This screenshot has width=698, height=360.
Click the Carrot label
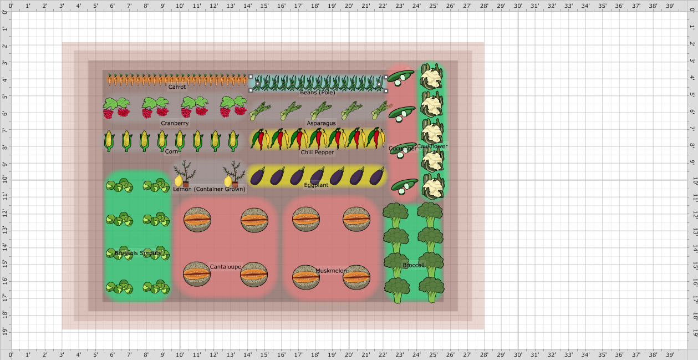coord(177,87)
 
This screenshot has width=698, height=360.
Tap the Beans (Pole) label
coord(318,93)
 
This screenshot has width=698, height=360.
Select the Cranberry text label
coord(175,124)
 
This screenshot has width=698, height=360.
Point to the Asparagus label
coord(321,124)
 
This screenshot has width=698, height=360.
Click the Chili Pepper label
coord(317,153)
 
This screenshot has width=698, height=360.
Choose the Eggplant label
coord(316,185)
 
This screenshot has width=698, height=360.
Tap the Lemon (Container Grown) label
coord(209,189)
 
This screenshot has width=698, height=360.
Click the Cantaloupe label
coord(226,267)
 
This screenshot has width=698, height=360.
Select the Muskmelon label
coord(331,271)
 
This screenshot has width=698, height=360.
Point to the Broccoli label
coord(414,265)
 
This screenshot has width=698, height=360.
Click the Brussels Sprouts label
coord(138,253)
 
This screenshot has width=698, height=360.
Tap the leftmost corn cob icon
coord(109,141)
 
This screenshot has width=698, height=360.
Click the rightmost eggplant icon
coord(377,176)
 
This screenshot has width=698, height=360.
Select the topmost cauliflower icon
coord(431,77)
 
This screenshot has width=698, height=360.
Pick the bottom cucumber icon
coord(404,186)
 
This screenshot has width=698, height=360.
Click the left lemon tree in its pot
coord(184,174)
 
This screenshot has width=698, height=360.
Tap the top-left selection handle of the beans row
coord(251,77)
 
